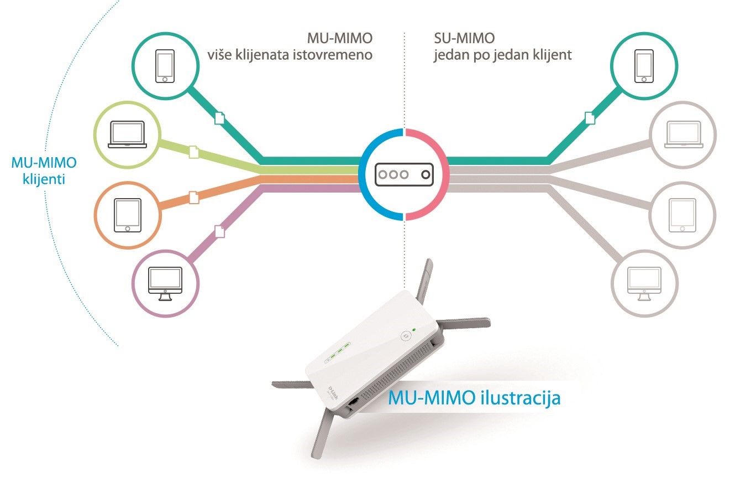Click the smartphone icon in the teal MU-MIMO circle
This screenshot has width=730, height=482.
pyautogui.click(x=165, y=66)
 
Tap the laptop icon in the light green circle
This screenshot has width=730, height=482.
pyautogui.click(x=127, y=134)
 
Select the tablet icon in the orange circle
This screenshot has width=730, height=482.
pyautogui.click(x=128, y=215)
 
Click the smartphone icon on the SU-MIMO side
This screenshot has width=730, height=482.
pyautogui.click(x=644, y=66)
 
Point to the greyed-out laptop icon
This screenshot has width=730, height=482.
pyautogui.click(x=684, y=134)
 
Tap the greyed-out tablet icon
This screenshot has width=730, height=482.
pyautogui.click(x=682, y=215)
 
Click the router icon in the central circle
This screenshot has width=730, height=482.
pyautogui.click(x=404, y=174)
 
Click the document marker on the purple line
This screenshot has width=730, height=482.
pyautogui.click(x=219, y=231)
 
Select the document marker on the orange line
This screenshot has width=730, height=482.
pyautogui.click(x=194, y=198)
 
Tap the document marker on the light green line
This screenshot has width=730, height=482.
pyautogui.click(x=194, y=152)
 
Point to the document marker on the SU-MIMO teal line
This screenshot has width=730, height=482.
pyautogui.click(x=590, y=118)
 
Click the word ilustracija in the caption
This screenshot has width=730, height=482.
pyautogui.click(x=521, y=398)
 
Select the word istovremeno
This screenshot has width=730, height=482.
pyautogui.click(x=333, y=54)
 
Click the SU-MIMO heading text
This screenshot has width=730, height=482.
pyautogui.click(x=464, y=38)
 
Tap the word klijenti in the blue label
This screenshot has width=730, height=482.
pyautogui.click(x=44, y=179)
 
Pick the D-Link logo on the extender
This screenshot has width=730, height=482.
pyautogui.click(x=333, y=393)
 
